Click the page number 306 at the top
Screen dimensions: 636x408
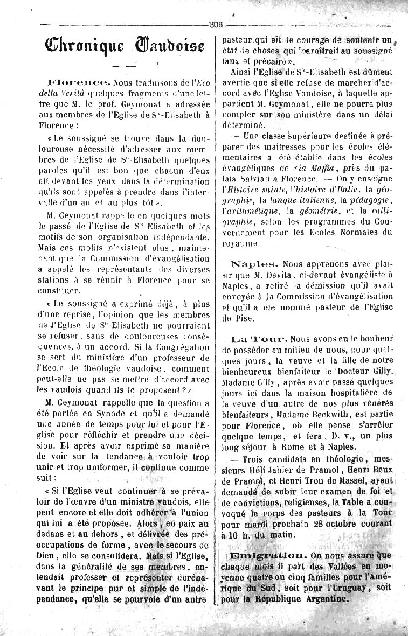[x=217, y=23]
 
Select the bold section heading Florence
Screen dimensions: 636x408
[x=79, y=83]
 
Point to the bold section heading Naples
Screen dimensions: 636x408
[x=255, y=264]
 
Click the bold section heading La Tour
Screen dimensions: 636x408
[x=258, y=339]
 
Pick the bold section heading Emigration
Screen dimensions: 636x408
[x=268, y=555]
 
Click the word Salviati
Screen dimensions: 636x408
[x=243, y=179]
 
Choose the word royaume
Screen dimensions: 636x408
[x=241, y=243]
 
